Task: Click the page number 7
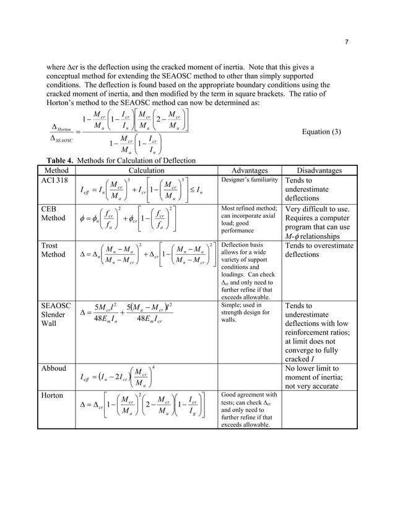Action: coord(346,42)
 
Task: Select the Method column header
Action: coord(57,170)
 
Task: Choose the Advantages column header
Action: coord(249,170)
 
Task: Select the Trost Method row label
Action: coord(55,250)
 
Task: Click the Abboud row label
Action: coord(53,369)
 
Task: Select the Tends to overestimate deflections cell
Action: coord(319,250)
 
